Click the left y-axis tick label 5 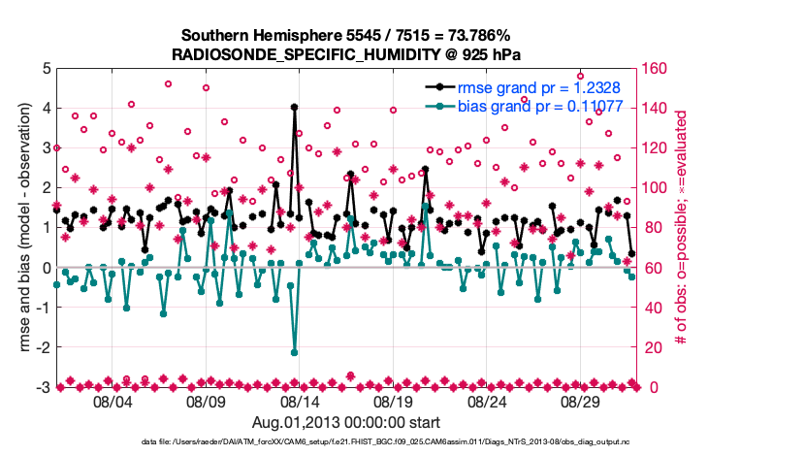point(46,69)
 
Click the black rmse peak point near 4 point(294,108)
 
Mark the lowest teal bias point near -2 point(294,352)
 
